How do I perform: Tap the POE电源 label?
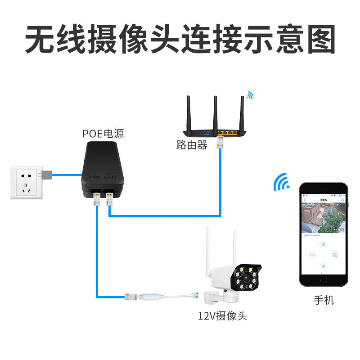(x=103, y=133)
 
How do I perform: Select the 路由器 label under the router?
(x=192, y=145)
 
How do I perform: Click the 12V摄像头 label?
(x=222, y=315)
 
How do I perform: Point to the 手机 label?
(x=324, y=300)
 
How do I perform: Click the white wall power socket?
(x=26, y=182)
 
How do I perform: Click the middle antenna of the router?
(x=215, y=112)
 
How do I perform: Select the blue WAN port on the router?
(x=206, y=133)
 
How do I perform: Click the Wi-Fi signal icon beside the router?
(x=249, y=95)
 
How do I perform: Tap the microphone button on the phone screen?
(x=323, y=265)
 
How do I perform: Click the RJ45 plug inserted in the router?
(x=220, y=141)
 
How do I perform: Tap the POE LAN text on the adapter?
(x=103, y=178)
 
